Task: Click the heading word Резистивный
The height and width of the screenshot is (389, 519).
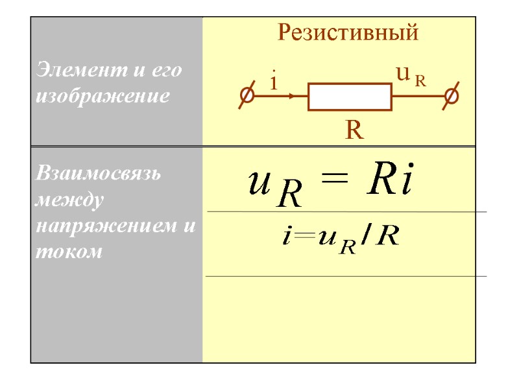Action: click(348, 32)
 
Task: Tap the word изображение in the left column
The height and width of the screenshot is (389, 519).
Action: click(104, 97)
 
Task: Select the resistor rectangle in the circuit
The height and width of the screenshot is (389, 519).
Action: click(350, 97)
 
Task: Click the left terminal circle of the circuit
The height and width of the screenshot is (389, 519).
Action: click(247, 96)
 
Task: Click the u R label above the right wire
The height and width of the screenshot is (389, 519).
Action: click(410, 77)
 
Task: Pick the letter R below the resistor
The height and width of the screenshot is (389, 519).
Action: click(354, 131)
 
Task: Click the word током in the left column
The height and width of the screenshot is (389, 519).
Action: click(69, 252)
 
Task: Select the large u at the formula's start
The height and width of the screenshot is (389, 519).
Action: click(260, 186)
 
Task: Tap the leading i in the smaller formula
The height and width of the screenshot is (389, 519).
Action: click(286, 237)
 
